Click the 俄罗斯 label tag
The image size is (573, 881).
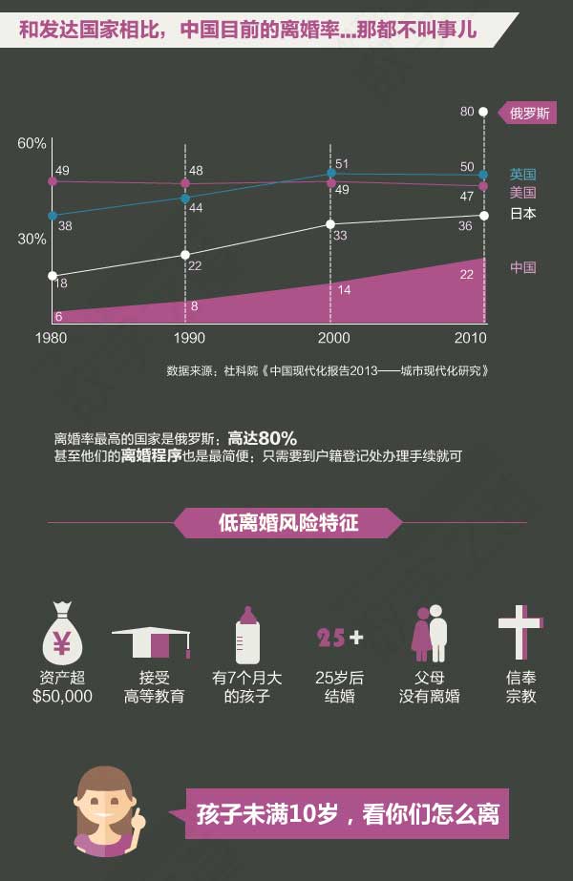coord(529,113)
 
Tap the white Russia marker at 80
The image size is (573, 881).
coord(483,112)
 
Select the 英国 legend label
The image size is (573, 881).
coord(522,175)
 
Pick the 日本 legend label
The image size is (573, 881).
coord(522,214)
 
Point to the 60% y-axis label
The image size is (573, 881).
coord(32,143)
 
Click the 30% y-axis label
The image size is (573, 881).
coord(32,240)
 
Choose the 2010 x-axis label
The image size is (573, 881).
coord(470,338)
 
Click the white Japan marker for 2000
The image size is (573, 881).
coord(330,224)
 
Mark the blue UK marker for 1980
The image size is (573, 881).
coord(53,216)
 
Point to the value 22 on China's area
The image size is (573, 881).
coord(467,274)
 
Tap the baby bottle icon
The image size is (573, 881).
coord(247,634)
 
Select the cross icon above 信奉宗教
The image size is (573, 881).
coord(520,631)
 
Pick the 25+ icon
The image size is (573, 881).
coord(340,637)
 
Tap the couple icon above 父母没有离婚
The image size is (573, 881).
coord(429,633)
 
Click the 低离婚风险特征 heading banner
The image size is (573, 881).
coord(287,523)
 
